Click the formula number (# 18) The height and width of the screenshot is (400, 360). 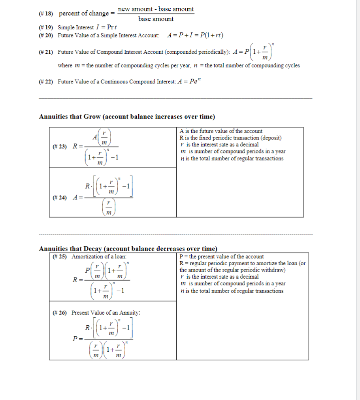(46, 13)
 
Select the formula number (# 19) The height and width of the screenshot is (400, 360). (46, 28)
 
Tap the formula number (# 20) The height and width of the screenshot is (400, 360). (46, 35)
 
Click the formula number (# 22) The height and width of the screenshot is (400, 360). (46, 82)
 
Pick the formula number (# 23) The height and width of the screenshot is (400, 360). (60, 147)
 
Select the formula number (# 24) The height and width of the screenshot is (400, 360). (60, 198)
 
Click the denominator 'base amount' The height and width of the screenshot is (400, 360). (156, 19)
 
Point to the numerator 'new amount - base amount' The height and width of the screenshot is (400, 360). (156, 9)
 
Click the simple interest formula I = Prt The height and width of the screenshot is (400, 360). (99, 28)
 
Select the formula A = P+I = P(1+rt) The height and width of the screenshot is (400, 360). (195, 35)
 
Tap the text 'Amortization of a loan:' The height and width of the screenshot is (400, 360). (99, 257)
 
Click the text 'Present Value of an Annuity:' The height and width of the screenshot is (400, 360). (106, 313)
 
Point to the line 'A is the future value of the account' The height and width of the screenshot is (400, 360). (221, 131)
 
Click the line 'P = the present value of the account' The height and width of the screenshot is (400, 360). (221, 257)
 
